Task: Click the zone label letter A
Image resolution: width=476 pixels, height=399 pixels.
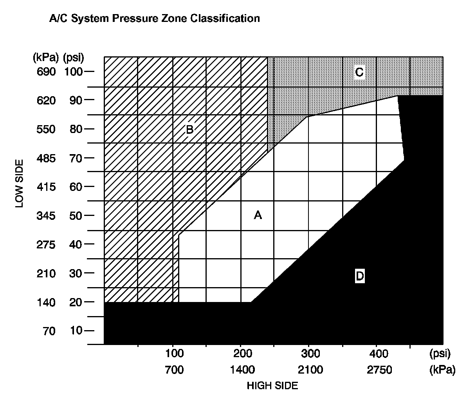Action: pos(258,215)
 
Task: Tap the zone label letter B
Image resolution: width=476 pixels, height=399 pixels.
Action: pos(189,129)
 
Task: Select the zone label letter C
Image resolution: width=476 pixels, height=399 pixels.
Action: pos(359,72)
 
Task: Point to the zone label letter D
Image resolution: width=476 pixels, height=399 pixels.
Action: pos(359,277)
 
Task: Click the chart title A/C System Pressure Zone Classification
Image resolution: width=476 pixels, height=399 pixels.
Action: pos(154,18)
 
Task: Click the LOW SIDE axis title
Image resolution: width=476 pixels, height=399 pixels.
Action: pos(19,183)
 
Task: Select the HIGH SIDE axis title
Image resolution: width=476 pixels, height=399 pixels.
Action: pos(272,386)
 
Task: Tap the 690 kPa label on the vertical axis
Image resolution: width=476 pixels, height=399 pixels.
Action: pos(46,72)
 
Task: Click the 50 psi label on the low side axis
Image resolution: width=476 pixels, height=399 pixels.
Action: pos(76,215)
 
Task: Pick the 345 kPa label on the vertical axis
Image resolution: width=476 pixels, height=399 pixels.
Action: pos(46,216)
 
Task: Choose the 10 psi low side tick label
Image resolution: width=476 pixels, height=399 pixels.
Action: pos(76,331)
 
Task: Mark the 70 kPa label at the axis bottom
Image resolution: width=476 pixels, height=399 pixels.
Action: pos(49,331)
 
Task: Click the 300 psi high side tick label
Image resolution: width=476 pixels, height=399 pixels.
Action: pos(310,354)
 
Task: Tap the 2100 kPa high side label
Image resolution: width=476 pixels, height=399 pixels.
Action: pos(310,370)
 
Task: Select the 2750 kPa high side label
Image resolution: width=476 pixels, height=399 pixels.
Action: pos(379,370)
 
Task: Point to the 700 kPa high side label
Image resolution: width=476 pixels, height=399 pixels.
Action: pos(174,370)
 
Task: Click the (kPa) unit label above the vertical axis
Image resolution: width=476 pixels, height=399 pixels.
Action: pos(46,58)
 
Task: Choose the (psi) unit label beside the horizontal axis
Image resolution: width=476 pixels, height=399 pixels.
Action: pos(440,354)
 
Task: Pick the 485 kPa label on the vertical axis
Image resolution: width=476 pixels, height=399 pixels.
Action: pos(46,158)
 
